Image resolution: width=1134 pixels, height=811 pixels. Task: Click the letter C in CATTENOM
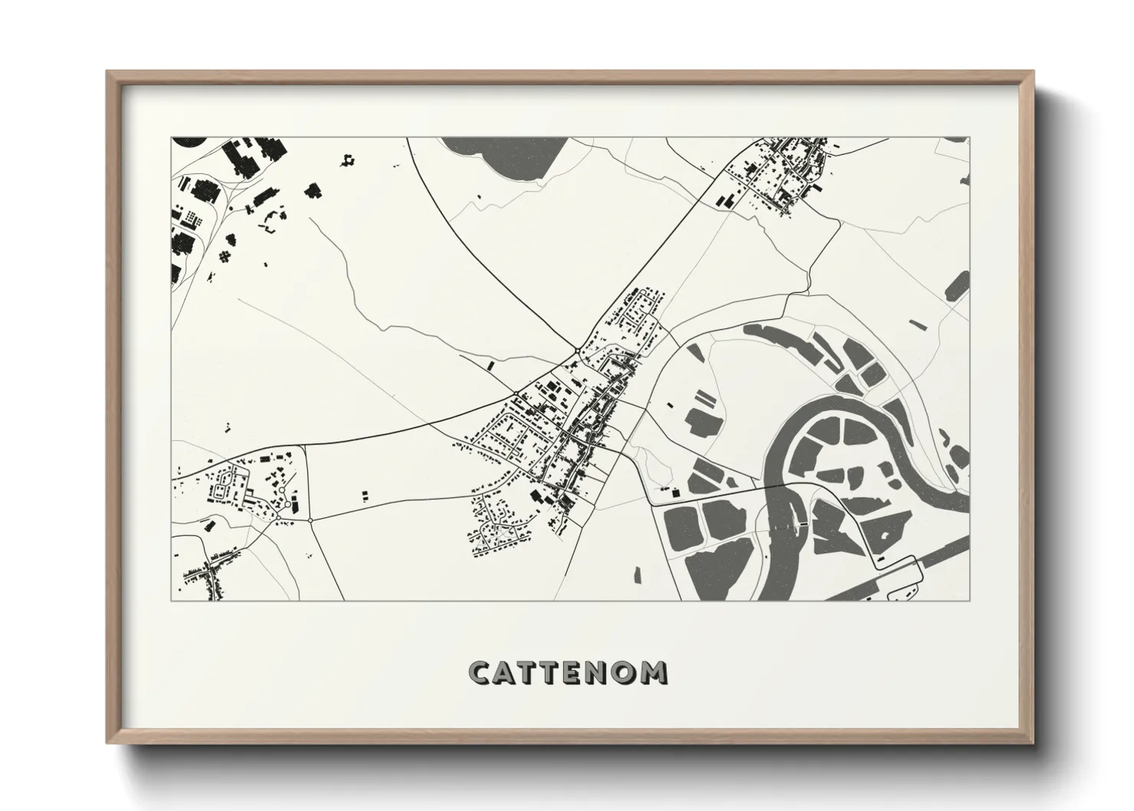(x=480, y=672)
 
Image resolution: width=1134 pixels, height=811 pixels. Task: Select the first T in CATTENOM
(x=530, y=672)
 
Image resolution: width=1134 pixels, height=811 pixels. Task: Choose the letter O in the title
(x=630, y=672)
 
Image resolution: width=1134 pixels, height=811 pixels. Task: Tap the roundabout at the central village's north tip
(x=576, y=352)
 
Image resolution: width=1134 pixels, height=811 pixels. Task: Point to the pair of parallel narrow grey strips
(x=704, y=399)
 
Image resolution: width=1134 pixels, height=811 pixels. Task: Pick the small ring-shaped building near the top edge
(x=349, y=160)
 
